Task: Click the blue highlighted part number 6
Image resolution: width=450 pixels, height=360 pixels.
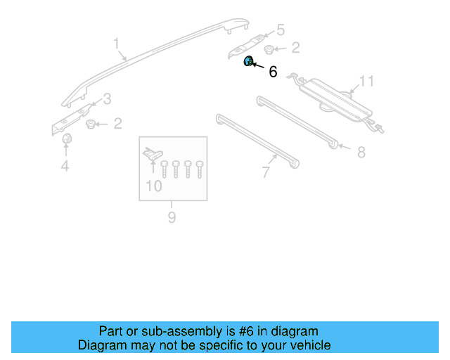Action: click(248, 62)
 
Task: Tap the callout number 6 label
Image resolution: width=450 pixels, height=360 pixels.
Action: click(273, 72)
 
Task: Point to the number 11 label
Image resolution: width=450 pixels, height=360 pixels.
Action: click(366, 82)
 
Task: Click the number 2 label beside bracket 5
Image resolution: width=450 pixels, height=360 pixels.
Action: click(295, 48)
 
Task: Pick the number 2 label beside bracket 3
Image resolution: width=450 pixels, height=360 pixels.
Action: click(117, 124)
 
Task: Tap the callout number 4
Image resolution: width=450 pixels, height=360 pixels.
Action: click(65, 166)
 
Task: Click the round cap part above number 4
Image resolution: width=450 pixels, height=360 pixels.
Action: click(67, 141)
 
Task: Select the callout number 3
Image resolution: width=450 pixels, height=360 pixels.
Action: click(107, 98)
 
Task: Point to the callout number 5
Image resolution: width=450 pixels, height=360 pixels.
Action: click(280, 30)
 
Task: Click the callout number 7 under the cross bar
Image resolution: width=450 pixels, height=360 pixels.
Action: click(266, 172)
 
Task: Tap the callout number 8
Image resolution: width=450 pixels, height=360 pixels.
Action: click(361, 152)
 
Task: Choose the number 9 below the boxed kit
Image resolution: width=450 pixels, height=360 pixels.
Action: click(172, 217)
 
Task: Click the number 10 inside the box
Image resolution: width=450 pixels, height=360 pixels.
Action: click(153, 186)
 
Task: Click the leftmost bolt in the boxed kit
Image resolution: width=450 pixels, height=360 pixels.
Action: click(165, 169)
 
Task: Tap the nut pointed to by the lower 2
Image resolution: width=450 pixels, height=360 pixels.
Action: click(91, 124)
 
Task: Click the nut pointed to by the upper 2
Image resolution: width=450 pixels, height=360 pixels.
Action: click(269, 49)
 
